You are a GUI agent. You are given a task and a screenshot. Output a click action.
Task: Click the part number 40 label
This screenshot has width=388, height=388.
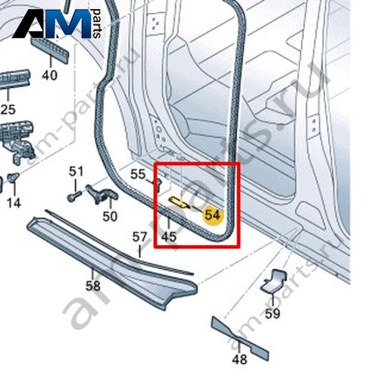[50, 75]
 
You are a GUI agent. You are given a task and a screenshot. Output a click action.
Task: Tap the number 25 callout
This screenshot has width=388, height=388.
[8, 109]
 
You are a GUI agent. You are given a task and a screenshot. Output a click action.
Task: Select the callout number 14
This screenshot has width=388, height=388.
[14, 203]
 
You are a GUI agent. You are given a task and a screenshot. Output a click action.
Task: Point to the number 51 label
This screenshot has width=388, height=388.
[76, 171]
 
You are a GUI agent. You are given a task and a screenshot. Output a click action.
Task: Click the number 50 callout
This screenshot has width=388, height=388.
[110, 217]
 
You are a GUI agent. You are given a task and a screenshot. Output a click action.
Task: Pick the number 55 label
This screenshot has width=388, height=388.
[138, 174]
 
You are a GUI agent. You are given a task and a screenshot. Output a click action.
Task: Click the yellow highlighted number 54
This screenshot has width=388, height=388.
[213, 215]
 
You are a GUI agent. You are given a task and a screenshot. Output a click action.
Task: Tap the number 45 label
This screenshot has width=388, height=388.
[169, 236]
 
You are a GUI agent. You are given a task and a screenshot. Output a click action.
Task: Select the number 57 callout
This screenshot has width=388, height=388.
[139, 237]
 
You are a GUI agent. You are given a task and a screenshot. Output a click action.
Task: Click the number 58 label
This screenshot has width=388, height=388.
[93, 286]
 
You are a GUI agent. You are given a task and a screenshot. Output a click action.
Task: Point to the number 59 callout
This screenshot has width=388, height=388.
[273, 314]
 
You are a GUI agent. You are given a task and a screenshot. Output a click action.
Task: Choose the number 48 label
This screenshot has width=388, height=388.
[239, 359]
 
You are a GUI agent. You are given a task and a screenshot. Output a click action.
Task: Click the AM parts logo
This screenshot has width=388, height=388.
[56, 24]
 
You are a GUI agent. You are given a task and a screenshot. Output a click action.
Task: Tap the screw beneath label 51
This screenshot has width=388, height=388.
[75, 196]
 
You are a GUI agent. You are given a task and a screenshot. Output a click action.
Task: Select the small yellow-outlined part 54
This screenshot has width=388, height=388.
[178, 202]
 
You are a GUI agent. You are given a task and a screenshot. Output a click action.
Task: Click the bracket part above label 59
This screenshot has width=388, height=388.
[274, 282]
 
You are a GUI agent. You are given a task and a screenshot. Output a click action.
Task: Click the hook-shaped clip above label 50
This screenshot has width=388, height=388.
[101, 194]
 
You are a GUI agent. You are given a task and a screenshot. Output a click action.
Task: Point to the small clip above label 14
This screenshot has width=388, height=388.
[13, 177]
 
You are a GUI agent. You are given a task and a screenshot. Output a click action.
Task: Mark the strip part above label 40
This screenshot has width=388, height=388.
[49, 50]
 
